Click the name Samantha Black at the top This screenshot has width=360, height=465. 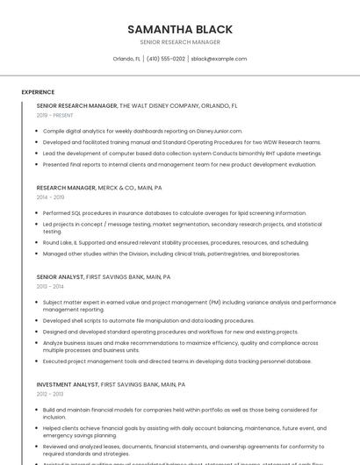coord(180,29)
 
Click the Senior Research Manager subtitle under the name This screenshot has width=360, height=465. coord(180,42)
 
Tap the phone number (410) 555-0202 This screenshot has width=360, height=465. coord(166,59)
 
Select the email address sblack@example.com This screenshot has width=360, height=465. coord(219,59)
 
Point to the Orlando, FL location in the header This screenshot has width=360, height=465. coord(126,59)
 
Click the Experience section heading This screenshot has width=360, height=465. coord(38,92)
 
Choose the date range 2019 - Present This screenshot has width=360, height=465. coord(54,115)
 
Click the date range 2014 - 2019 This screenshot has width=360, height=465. coord(51,197)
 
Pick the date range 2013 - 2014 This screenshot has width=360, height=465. coord(50,286)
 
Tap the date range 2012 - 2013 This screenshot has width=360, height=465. coord(50,394)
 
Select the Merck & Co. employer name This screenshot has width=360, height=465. coord(117,188)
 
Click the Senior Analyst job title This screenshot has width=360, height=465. coord(60,276)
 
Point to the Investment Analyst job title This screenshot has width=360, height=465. coord(68,384)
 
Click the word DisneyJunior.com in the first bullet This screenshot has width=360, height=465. coord(215,131)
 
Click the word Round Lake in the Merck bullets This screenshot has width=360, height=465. coord(58,242)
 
